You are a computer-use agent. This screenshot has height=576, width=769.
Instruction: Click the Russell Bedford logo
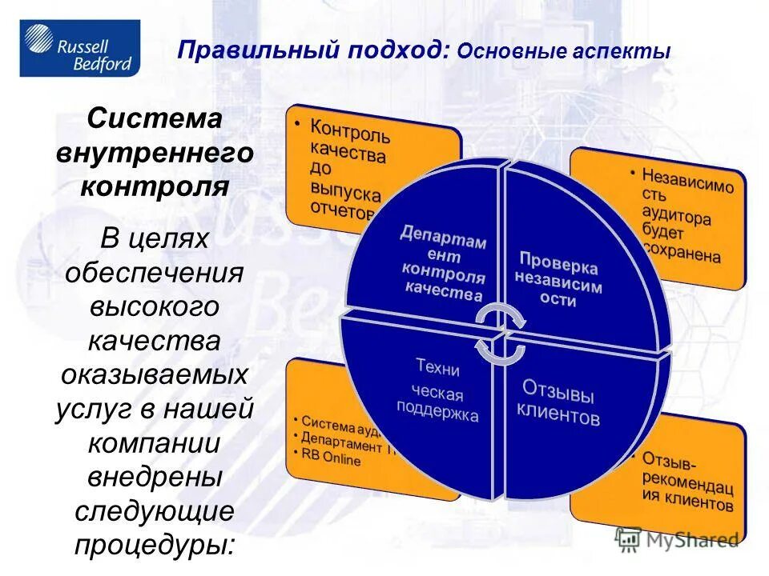click(79, 49)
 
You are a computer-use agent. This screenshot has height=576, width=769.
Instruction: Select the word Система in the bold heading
click(155, 119)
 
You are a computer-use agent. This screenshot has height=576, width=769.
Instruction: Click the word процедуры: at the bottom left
click(155, 545)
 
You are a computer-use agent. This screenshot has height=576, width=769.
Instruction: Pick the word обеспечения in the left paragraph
click(155, 272)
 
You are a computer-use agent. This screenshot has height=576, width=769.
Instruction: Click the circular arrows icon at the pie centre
click(499, 333)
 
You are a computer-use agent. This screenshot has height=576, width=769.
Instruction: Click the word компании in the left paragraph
click(155, 442)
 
